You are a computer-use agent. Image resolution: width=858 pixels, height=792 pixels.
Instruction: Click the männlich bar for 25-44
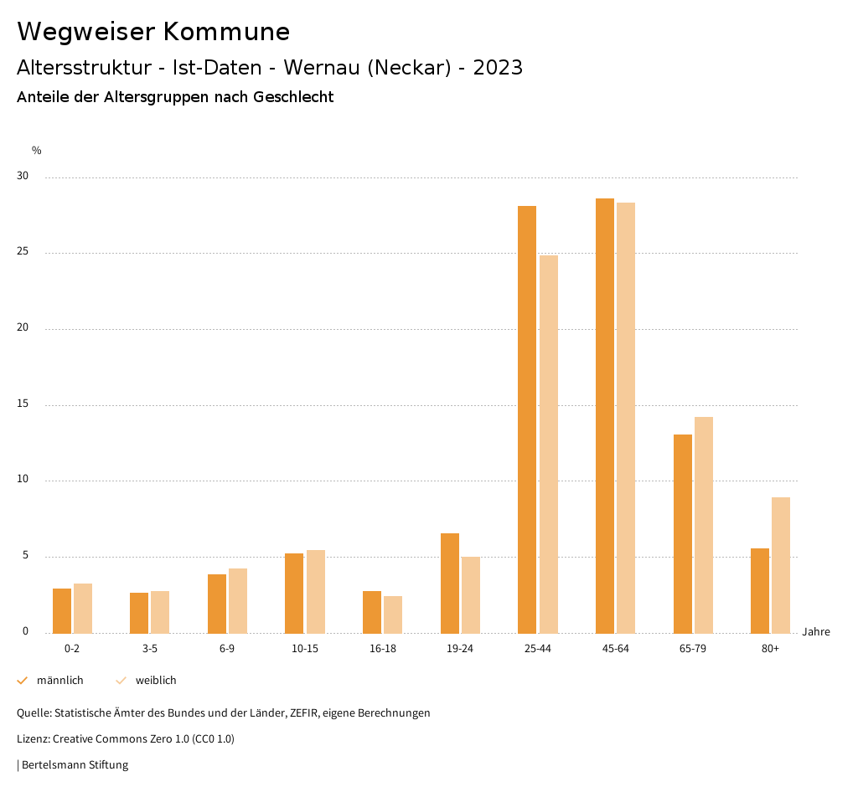(527, 419)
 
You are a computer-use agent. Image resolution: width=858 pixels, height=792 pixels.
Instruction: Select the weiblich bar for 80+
(781, 565)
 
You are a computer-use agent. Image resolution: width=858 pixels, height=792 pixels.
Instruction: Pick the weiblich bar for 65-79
(704, 525)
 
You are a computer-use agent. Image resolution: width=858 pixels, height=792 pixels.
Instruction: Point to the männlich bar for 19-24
(450, 583)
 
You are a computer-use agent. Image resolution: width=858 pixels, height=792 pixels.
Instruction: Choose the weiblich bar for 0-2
(83, 608)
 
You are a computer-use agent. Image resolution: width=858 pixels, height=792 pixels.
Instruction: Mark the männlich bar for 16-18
(372, 612)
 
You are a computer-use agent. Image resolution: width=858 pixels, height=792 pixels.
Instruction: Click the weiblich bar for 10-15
(316, 591)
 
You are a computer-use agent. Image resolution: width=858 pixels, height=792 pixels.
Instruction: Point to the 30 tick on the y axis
(22, 177)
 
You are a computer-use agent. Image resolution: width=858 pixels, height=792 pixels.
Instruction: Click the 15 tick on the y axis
(22, 404)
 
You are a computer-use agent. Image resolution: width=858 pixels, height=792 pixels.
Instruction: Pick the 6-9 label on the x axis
(227, 649)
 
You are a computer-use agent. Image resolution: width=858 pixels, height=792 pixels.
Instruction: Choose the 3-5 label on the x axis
(150, 649)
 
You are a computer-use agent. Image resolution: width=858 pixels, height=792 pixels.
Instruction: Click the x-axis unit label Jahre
(816, 632)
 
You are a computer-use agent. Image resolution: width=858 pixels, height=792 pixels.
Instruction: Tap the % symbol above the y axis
(37, 151)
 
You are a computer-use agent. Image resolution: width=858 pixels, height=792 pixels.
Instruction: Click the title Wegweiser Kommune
(153, 32)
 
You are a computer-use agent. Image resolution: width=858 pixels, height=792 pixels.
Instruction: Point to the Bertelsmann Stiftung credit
(75, 764)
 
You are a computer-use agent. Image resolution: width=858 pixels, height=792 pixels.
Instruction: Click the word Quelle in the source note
(33, 713)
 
